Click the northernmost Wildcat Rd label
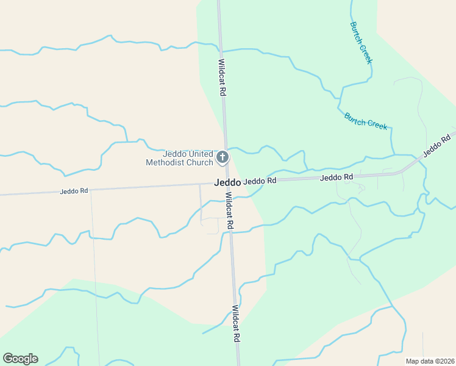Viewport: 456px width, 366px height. pos(223,77)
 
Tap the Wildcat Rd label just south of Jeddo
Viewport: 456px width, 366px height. pos(229,211)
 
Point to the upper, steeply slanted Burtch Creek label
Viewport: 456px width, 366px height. pos(361,43)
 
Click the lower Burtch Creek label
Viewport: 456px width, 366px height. pos(366,120)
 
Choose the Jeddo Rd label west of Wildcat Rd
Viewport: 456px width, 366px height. pos(74,191)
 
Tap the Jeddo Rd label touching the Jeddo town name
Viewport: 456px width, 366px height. pos(260,181)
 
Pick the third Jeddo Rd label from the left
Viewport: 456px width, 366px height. pos(337,178)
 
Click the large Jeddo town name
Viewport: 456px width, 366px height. pos(227,182)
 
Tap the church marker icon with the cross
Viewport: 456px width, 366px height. pos(223,158)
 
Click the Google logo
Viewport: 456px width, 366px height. pos(20,359)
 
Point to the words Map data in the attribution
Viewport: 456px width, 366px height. pos(419,361)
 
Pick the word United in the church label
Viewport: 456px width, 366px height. pos(202,154)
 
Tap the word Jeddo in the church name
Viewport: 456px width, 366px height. pos(174,154)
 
